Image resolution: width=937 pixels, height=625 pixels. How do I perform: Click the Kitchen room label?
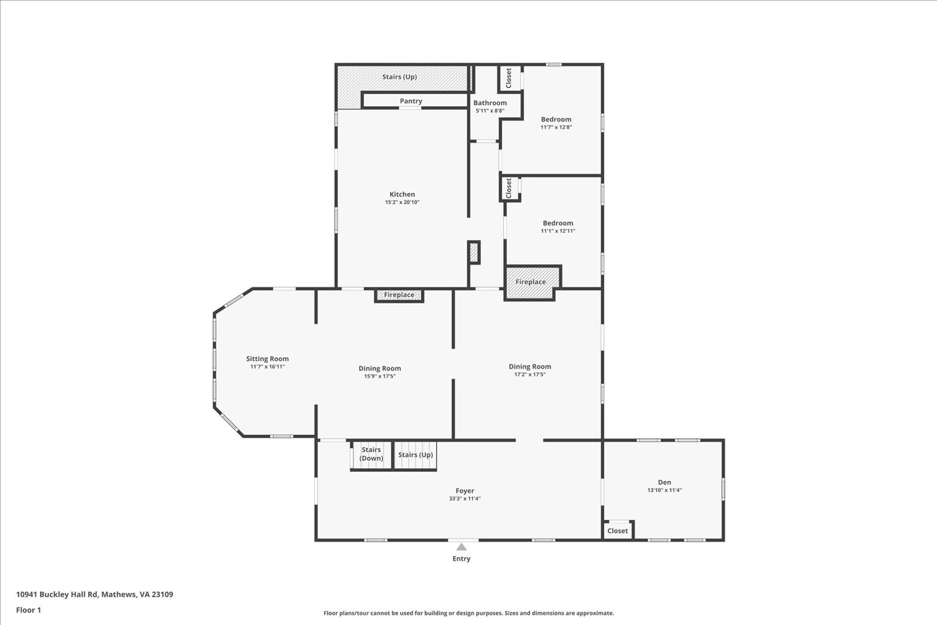[x=402, y=194]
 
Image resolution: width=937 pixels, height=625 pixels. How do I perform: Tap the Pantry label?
[x=411, y=101]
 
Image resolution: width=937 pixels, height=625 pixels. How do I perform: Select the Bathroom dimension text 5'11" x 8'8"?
[x=490, y=111]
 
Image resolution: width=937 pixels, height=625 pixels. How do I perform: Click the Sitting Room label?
[x=268, y=358]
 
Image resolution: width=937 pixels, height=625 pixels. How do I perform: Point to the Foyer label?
[x=465, y=491]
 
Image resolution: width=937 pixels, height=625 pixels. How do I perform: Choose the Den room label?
[x=664, y=482]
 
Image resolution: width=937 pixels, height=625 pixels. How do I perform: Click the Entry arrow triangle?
[x=461, y=547]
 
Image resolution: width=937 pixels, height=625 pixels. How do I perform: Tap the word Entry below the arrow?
[x=461, y=558]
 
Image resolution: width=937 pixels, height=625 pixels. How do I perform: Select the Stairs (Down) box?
[x=371, y=455]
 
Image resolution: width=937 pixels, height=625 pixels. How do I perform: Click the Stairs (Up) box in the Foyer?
[x=416, y=455]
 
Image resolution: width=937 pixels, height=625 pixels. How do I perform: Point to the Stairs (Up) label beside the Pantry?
[x=400, y=77]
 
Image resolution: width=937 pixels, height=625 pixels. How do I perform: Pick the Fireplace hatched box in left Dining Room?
[x=399, y=295]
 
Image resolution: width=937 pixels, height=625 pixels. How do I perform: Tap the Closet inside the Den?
[x=618, y=530]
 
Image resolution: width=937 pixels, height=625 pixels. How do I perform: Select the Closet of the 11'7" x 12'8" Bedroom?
[x=509, y=78]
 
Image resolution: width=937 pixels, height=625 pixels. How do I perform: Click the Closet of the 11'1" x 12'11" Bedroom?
[x=509, y=188]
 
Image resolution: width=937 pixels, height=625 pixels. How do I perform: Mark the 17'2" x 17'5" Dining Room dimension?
[x=530, y=375]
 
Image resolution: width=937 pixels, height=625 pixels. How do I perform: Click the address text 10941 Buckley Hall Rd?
[x=57, y=595]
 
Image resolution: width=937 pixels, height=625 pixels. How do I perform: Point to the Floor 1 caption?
[x=29, y=610]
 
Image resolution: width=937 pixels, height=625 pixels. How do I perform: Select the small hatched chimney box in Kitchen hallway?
[x=474, y=252]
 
